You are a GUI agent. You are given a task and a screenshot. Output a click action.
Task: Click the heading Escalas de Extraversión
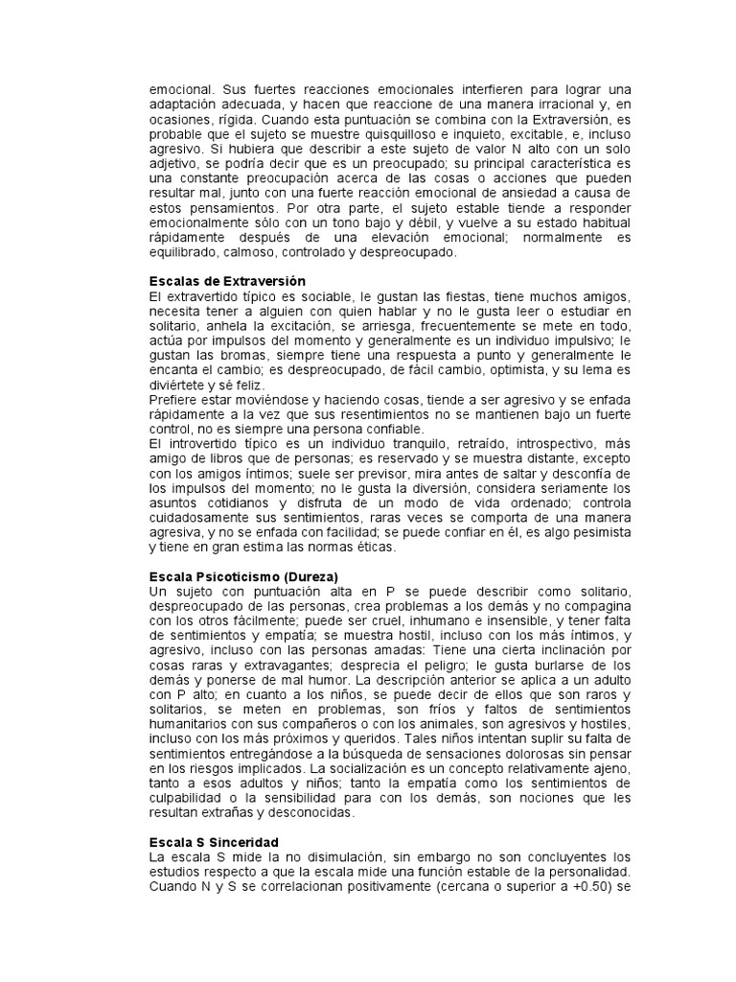click(227, 281)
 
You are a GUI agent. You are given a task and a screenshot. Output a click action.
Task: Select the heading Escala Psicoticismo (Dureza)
click(243, 578)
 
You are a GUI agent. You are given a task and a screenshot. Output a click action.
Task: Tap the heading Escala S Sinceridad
click(213, 841)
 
